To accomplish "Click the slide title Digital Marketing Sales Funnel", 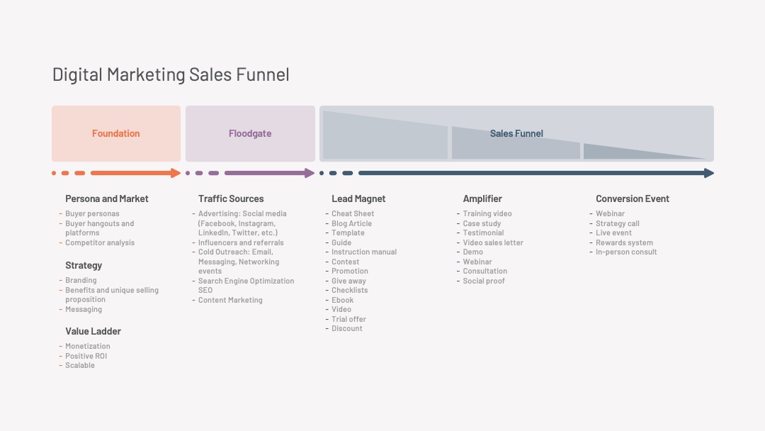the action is [x=171, y=74].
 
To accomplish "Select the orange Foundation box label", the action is [x=115, y=133].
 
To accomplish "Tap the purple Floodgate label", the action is [x=250, y=133].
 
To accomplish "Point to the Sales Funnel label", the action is [x=516, y=133].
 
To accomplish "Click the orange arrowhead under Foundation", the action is [x=176, y=173].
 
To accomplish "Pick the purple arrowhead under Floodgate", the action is [x=310, y=173].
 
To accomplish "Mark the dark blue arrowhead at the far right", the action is [x=709, y=173].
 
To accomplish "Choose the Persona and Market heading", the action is [x=107, y=198].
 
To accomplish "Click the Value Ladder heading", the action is [x=93, y=331].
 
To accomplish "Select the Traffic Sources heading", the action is [x=231, y=198].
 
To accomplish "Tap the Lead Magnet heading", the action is [x=358, y=198].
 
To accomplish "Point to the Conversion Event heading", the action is [x=633, y=198].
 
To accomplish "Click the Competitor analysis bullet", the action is [x=100, y=242].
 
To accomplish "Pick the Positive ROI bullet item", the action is [x=86, y=356].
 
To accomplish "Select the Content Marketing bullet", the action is [x=230, y=300].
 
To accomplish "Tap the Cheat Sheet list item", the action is [x=353, y=214].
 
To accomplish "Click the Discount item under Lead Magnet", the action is [x=347, y=328].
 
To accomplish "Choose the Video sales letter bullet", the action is [x=493, y=242].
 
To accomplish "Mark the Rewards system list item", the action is [x=624, y=242].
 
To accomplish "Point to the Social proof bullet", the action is [x=484, y=281].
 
